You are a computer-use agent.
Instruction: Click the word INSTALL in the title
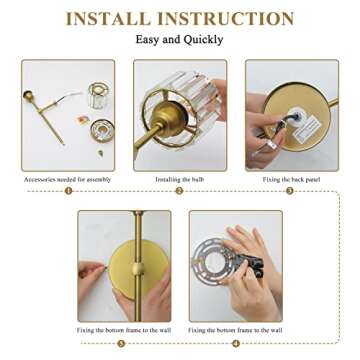pyautogui.click(x=113, y=19)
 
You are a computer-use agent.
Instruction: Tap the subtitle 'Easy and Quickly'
pyautogui.click(x=180, y=40)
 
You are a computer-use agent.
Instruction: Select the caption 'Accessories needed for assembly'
pyautogui.click(x=68, y=180)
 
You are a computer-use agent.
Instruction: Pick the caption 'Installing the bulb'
pyautogui.click(x=180, y=180)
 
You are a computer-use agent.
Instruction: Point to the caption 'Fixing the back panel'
pyautogui.click(x=291, y=180)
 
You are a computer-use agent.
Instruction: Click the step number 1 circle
pyautogui.click(x=68, y=190)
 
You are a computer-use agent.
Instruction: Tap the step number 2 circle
pyautogui.click(x=180, y=190)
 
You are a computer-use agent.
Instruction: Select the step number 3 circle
pyautogui.click(x=291, y=190)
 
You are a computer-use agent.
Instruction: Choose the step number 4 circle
pyautogui.click(x=236, y=342)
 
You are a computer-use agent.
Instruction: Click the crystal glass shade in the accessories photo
pyautogui.click(x=97, y=96)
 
